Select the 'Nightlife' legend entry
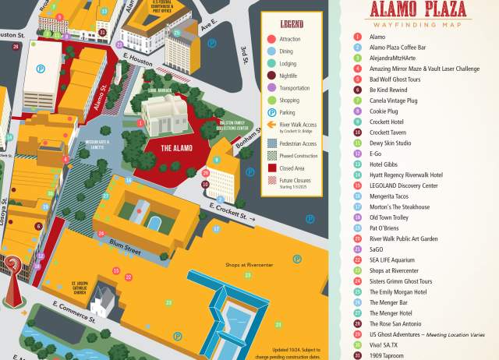pyautogui.click(x=290, y=76)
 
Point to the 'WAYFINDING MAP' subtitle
pyautogui.click(x=418, y=25)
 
